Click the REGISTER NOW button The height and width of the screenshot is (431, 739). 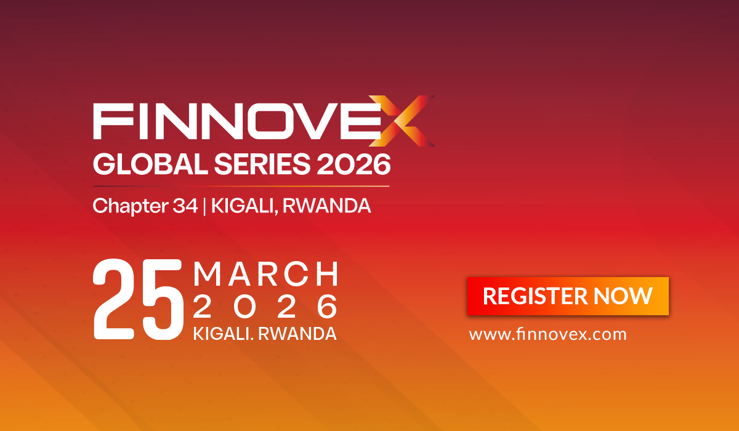pyautogui.click(x=568, y=296)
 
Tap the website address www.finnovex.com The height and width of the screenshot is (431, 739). pyautogui.click(x=547, y=335)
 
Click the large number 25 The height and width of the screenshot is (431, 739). pyautogui.click(x=138, y=300)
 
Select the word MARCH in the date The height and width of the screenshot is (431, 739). pyautogui.click(x=265, y=273)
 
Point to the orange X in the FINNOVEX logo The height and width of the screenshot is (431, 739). pyautogui.click(x=408, y=120)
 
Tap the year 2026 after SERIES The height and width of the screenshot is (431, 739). pyautogui.click(x=355, y=164)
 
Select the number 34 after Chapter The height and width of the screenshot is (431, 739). pyautogui.click(x=185, y=206)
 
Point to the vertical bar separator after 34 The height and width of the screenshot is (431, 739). pyautogui.click(x=204, y=206)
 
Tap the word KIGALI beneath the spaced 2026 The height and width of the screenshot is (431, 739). pyautogui.click(x=222, y=334)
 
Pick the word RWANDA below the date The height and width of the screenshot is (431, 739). pyautogui.click(x=297, y=334)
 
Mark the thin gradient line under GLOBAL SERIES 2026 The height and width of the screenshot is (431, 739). pyautogui.click(x=241, y=186)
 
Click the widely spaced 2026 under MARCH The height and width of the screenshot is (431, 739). pyautogui.click(x=265, y=306)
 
